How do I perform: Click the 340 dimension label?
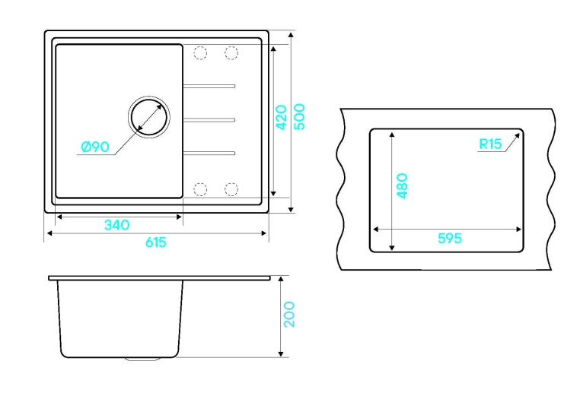[117, 224]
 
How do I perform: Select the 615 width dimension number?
[156, 242]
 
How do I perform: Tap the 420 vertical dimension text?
[282, 118]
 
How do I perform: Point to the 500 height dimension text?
[300, 117]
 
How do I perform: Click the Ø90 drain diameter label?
[95, 147]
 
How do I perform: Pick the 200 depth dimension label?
[290, 315]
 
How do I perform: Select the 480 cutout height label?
[402, 185]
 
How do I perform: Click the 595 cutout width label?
[450, 238]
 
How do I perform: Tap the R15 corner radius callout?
[490, 144]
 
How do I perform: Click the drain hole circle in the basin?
[149, 117]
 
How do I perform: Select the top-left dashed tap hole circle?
[200, 52]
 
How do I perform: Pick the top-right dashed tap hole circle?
[231, 52]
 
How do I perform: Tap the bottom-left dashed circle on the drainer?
[200, 189]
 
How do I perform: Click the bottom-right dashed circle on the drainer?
[231, 189]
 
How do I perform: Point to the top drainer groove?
[209, 86]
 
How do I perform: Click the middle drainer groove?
[209, 119]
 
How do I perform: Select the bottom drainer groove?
[209, 153]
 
